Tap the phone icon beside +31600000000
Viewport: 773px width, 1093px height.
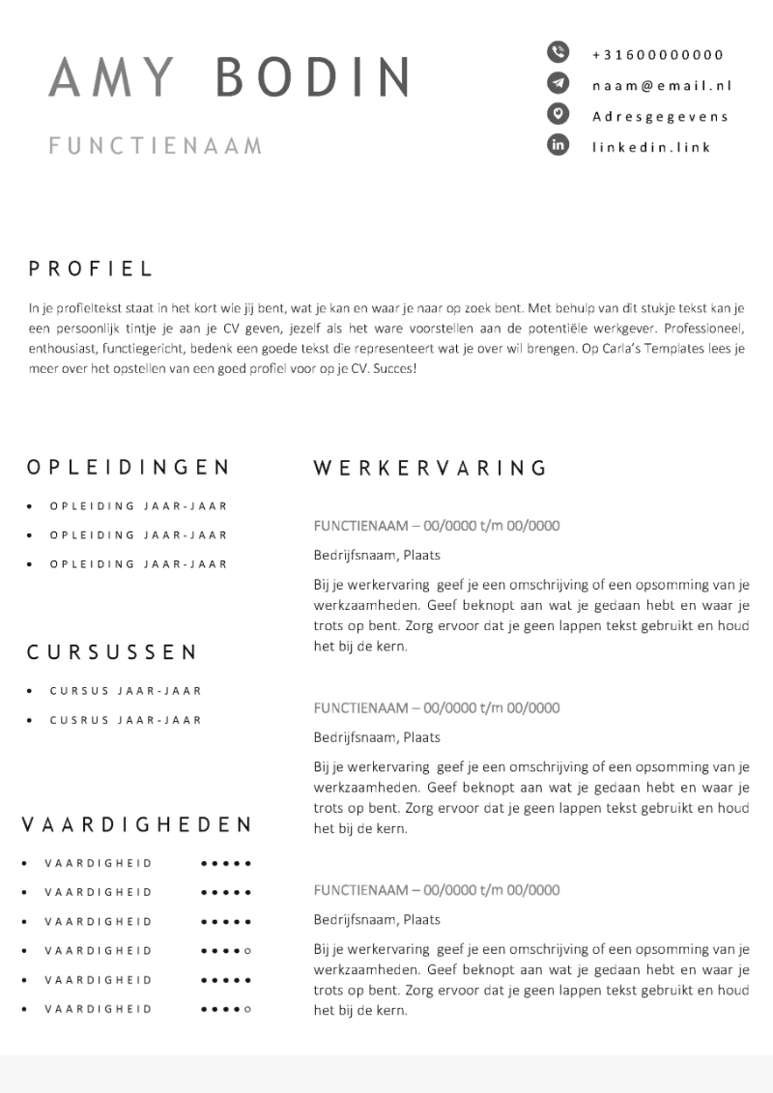[558, 52]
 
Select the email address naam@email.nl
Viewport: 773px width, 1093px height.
[662, 85]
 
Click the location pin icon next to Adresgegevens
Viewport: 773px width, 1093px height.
[558, 115]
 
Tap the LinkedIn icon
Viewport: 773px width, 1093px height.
[558, 146]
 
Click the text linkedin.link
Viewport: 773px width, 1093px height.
[651, 147]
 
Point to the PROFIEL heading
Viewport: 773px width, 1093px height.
[91, 270]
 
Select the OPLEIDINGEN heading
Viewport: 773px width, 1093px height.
[129, 468]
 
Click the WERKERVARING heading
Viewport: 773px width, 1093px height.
[431, 469]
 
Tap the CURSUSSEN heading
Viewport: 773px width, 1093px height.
[111, 652]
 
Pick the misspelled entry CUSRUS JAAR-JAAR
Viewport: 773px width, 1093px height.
[126, 720]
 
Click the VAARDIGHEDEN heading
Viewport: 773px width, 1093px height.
[136, 824]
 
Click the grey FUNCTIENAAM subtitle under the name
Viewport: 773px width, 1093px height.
[156, 146]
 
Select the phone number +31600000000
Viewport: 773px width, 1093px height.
[658, 54]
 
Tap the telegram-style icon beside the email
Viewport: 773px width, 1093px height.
[558, 83]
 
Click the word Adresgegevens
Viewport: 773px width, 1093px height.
[660, 116]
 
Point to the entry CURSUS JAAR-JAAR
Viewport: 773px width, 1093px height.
[126, 691]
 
